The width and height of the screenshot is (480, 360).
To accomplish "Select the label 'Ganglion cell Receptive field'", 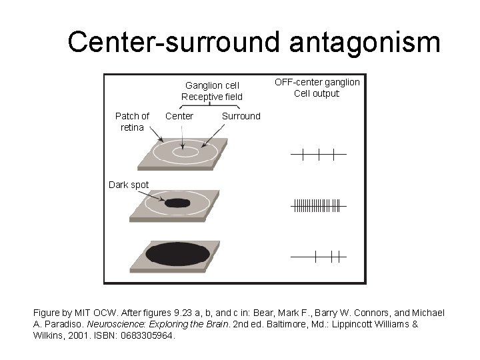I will tap(212, 91).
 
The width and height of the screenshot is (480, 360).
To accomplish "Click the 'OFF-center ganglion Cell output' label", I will tap(317, 87).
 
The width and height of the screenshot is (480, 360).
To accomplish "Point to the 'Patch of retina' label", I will tap(132, 121).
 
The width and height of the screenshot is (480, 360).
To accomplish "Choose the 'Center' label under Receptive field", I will tap(179, 116).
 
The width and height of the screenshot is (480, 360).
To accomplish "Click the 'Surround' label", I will tap(241, 116).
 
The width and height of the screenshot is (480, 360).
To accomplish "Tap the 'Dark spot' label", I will tap(129, 185).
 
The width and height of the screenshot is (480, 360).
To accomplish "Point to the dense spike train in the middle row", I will tap(317, 206).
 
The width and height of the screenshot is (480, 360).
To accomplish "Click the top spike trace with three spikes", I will tap(318, 155).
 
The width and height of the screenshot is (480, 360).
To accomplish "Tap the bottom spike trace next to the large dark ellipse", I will tap(318, 255).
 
